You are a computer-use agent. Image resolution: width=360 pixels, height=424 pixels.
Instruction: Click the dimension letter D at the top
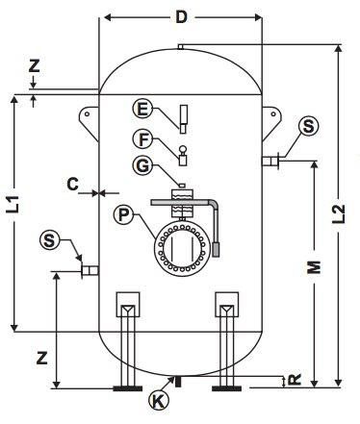[181, 17]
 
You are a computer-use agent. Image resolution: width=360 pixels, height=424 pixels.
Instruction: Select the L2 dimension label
[339, 214]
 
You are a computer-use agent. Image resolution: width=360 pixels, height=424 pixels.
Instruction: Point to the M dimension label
[314, 267]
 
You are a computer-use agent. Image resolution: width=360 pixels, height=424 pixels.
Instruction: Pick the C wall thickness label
[73, 185]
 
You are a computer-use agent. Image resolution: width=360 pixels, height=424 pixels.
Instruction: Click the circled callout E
[142, 109]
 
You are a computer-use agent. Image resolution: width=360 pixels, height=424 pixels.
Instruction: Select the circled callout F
[142, 139]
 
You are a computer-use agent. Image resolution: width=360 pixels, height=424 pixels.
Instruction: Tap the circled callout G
[142, 166]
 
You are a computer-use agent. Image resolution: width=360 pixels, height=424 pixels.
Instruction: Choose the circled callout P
[124, 214]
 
